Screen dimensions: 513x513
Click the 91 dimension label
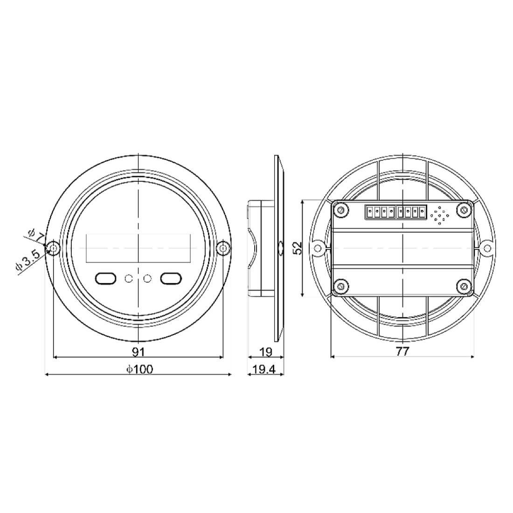pyautogui.click(x=139, y=351)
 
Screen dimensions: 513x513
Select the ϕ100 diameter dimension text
pyautogui.click(x=139, y=369)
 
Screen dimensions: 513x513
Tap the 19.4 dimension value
pyautogui.click(x=264, y=369)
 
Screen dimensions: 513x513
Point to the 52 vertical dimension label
pyautogui.click(x=298, y=247)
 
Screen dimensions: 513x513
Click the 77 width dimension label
pyautogui.click(x=402, y=351)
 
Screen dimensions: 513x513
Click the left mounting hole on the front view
pyautogui.click(x=54, y=248)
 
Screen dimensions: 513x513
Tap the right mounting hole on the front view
pyautogui.click(x=223, y=248)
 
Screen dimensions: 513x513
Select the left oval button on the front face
pyautogui.click(x=105, y=278)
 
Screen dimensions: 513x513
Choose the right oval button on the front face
pyautogui.click(x=171, y=278)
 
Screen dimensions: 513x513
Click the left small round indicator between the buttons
pyautogui.click(x=129, y=279)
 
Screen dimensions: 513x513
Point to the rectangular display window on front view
pyautogui.click(x=139, y=248)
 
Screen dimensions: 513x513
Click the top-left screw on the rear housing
pyautogui.click(x=341, y=210)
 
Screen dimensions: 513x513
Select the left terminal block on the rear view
pyautogui.click(x=380, y=212)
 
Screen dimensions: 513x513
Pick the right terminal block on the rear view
pyautogui.click(x=411, y=212)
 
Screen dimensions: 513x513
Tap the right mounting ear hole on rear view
pyautogui.click(x=486, y=247)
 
